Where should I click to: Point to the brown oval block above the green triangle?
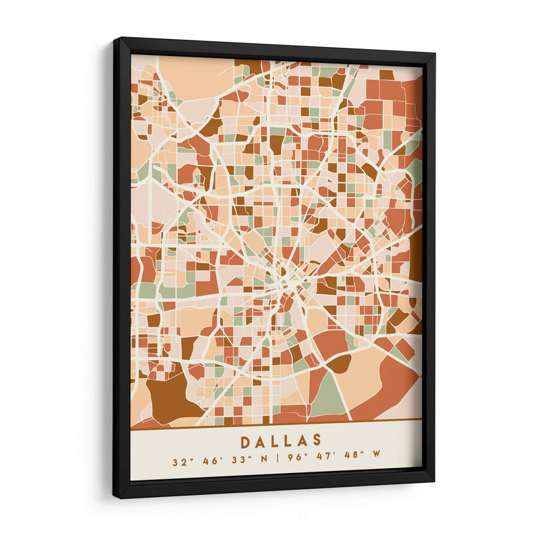pos(339,363)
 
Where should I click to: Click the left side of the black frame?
pos(121,269)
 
